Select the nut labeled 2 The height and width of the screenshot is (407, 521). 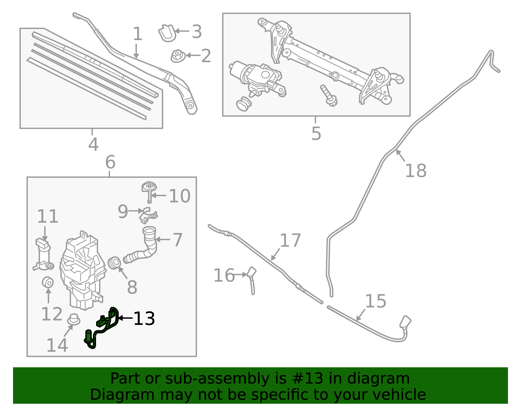pyautogui.click(x=178, y=56)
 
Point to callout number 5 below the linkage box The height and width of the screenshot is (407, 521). pyautogui.click(x=316, y=133)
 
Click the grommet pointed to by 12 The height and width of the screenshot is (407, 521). pyautogui.click(x=48, y=282)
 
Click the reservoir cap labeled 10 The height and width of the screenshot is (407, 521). pyautogui.click(x=149, y=188)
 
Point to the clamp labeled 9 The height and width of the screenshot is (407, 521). pyautogui.click(x=148, y=215)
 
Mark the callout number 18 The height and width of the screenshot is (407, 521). pyautogui.click(x=415, y=171)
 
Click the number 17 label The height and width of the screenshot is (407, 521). pyautogui.click(x=290, y=240)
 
